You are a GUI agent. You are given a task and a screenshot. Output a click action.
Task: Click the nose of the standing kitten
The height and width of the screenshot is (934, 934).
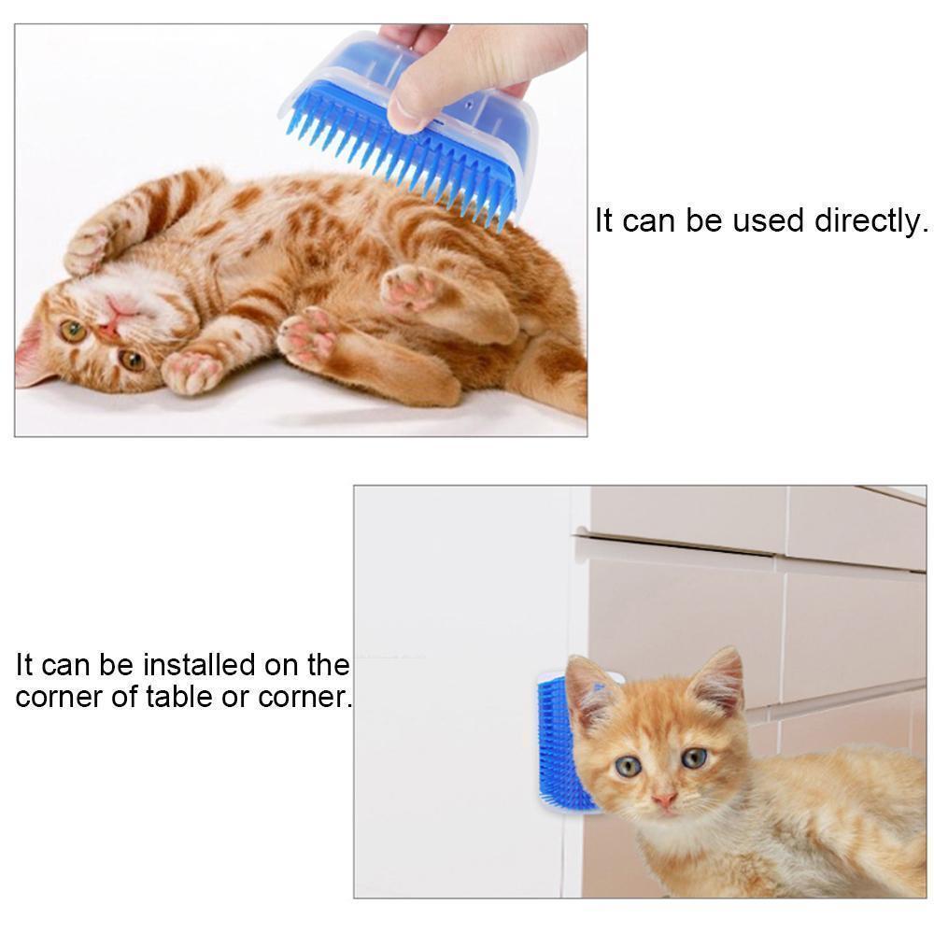pos(664,800)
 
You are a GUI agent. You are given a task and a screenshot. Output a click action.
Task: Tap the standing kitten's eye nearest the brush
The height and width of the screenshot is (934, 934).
pos(629,766)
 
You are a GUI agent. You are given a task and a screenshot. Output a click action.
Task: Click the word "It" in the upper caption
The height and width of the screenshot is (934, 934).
pos(604,221)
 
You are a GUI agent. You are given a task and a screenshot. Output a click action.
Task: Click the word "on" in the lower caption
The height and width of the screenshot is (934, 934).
pos(286,665)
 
